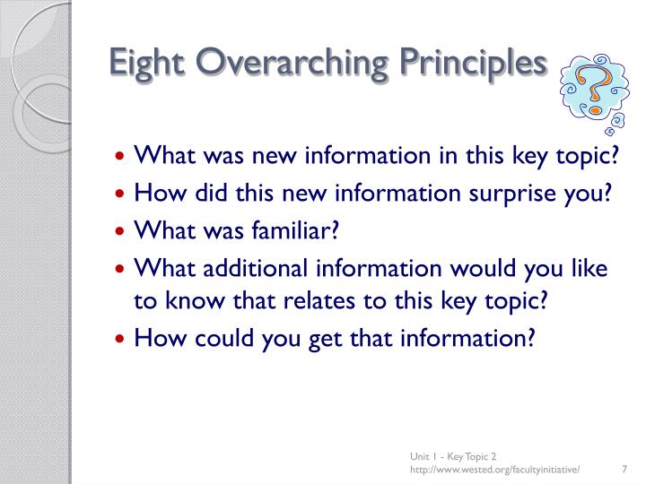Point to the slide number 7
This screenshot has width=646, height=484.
(x=623, y=469)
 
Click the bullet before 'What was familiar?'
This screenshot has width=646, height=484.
(x=124, y=231)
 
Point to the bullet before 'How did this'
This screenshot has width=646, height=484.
(x=124, y=194)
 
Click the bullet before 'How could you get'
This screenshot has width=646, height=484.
(x=124, y=339)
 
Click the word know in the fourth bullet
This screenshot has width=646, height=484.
(x=182, y=300)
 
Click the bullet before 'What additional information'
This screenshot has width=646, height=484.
(x=124, y=269)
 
